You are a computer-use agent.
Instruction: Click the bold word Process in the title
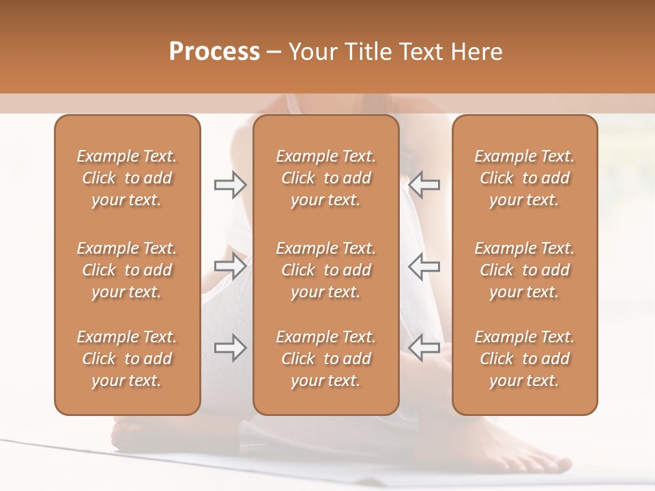click(214, 52)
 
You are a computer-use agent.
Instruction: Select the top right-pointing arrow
click(230, 185)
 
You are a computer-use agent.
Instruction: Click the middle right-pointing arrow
click(230, 266)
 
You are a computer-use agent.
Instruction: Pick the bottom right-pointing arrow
click(230, 348)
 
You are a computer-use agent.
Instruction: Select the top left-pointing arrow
click(424, 185)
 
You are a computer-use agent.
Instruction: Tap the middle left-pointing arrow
click(424, 266)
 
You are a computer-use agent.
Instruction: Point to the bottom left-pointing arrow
click(424, 348)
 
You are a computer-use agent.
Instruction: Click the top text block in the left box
click(127, 178)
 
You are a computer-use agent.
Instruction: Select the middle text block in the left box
click(127, 270)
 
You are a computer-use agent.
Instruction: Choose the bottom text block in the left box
click(127, 359)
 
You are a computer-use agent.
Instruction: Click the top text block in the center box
click(325, 178)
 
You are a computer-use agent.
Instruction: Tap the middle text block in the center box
click(325, 270)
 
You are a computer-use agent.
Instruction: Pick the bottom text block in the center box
click(325, 359)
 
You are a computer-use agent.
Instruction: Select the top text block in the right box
click(524, 178)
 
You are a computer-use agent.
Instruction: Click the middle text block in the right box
click(524, 270)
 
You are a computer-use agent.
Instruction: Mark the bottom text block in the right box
click(524, 359)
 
